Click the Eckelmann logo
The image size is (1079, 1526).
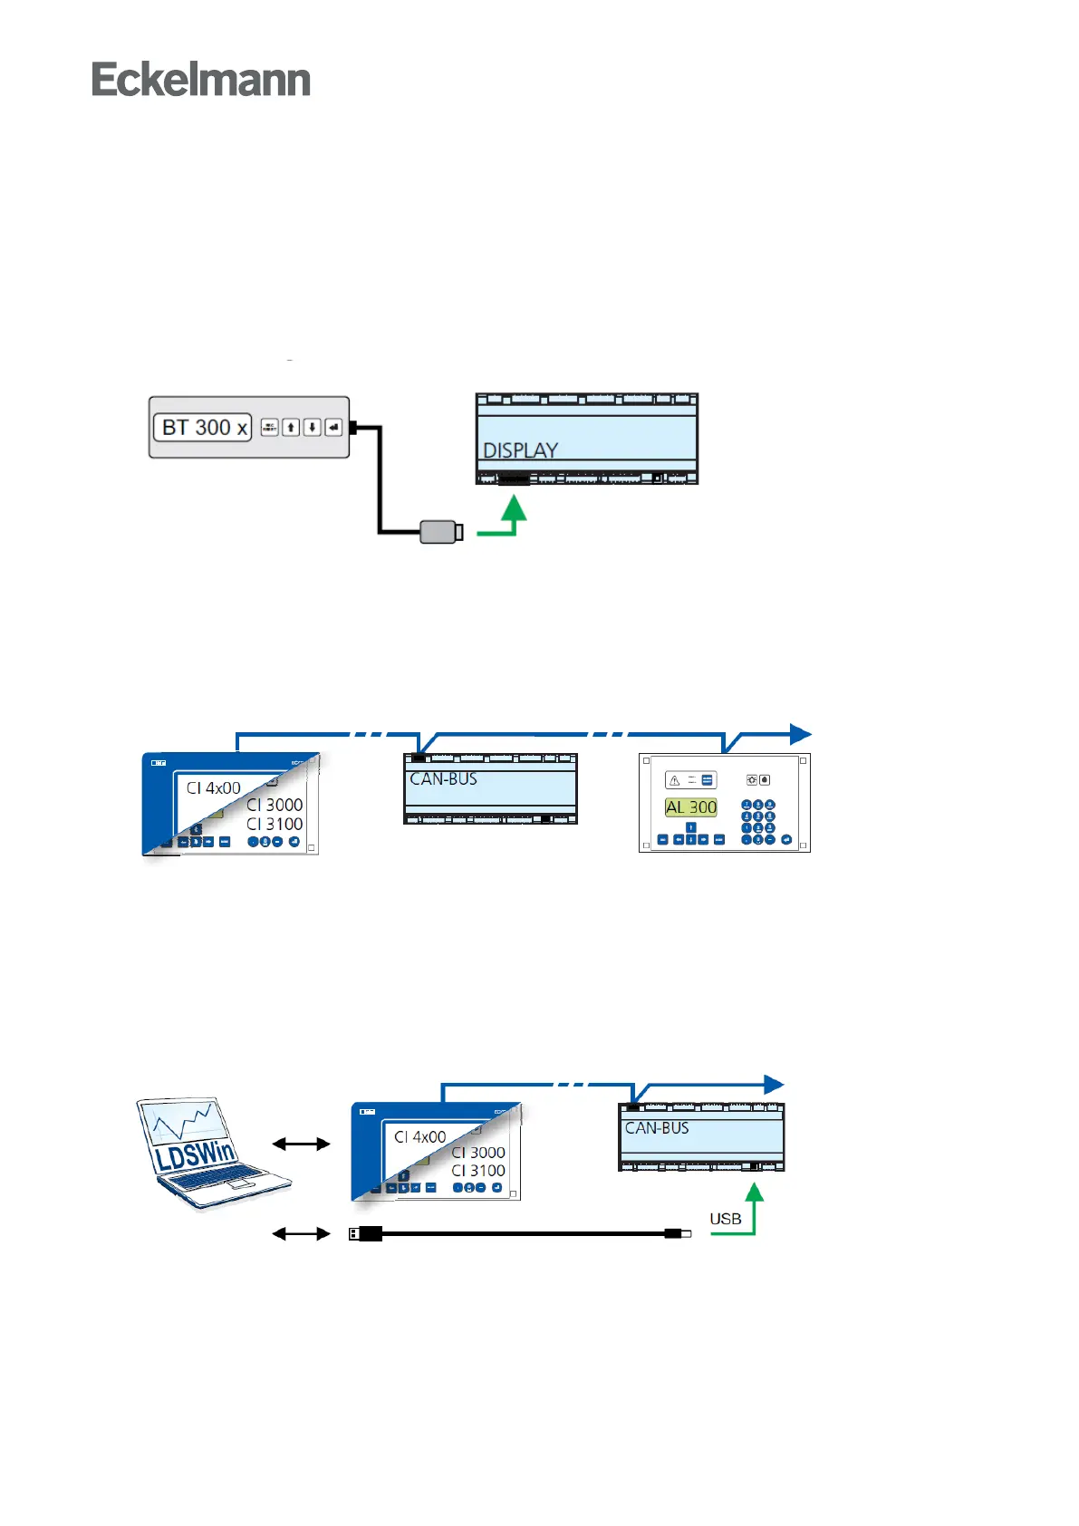coord(201,80)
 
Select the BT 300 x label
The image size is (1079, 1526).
coord(203,428)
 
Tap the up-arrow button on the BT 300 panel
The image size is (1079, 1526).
coord(291,427)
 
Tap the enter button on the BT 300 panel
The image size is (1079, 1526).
coord(334,427)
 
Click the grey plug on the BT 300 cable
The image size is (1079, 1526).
coord(441,531)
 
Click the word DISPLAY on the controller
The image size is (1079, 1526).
coord(520,450)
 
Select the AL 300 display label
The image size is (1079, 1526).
coord(691,807)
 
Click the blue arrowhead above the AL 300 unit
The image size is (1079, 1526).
coord(800,734)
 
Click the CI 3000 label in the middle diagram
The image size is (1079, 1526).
coord(275,805)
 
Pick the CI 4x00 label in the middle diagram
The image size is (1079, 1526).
coord(214,787)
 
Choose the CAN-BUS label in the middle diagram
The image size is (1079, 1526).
coord(443,779)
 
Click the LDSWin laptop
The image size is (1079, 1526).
coord(210,1153)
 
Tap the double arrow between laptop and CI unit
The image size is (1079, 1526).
coord(301,1144)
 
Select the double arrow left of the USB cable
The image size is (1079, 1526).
coord(301,1233)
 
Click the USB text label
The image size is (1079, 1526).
coord(725,1219)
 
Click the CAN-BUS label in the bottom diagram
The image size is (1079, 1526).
coord(657,1128)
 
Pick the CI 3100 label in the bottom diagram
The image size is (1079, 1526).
coord(478,1171)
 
